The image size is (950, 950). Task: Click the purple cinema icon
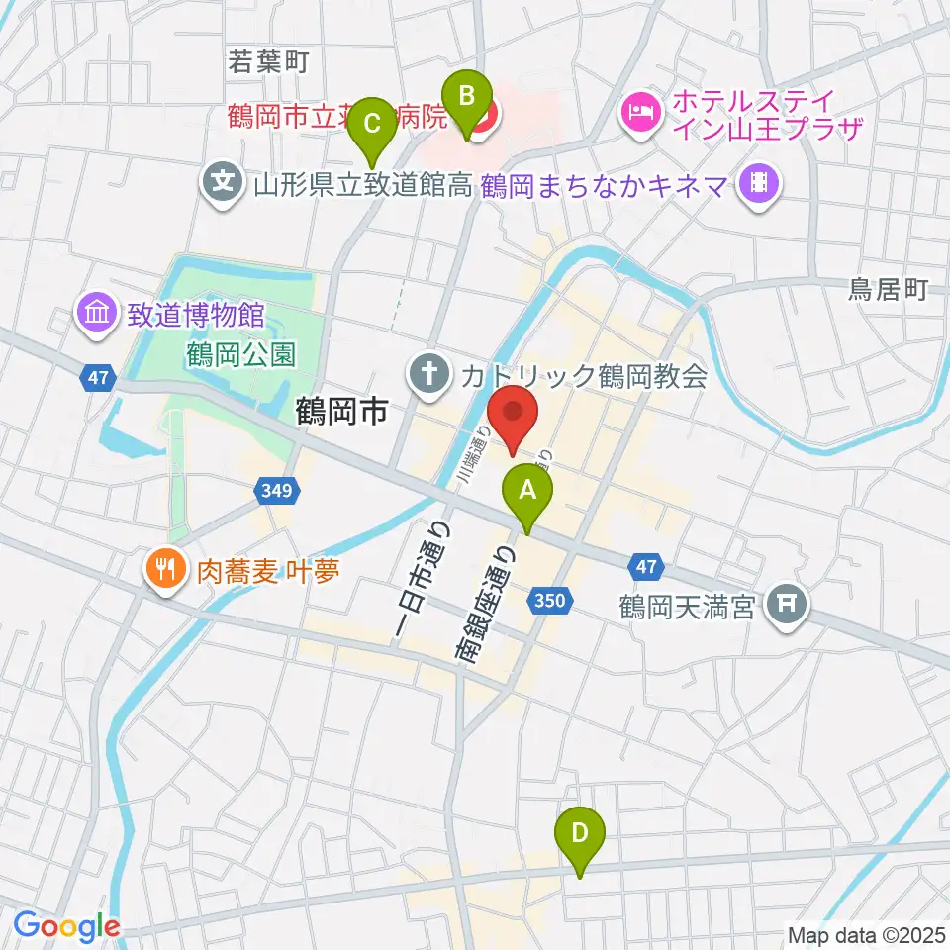[x=760, y=183]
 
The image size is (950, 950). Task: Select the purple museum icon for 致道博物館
[x=99, y=316]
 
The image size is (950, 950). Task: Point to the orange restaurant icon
[x=164, y=569]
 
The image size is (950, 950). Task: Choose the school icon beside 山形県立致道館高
[x=225, y=182]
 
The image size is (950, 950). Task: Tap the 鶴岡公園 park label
[x=240, y=354]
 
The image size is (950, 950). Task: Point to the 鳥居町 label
[x=888, y=290]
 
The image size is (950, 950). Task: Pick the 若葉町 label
[x=268, y=62]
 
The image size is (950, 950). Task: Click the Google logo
[x=66, y=926]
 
